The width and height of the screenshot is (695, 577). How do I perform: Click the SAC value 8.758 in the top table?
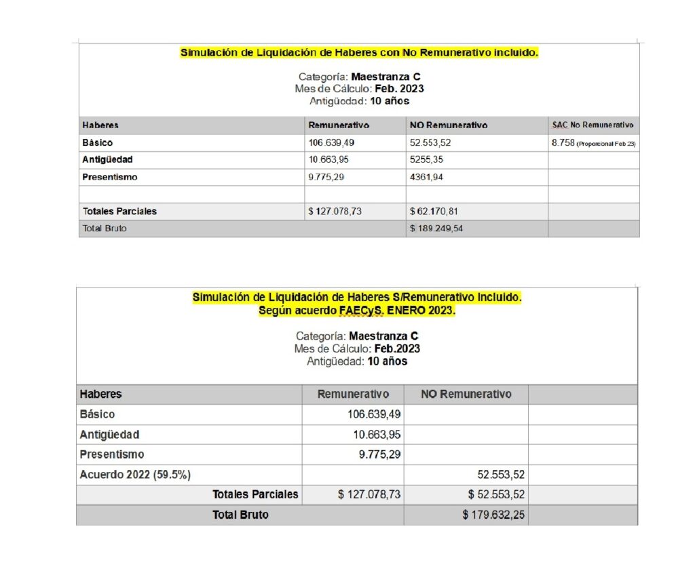563,143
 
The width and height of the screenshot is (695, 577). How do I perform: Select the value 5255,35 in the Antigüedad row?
428,160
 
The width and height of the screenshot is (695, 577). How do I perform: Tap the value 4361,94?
428,177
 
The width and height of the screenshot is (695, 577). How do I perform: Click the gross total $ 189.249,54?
436,228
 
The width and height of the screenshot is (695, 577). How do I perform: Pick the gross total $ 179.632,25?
493,515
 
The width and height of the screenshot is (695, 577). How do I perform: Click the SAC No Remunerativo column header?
593,125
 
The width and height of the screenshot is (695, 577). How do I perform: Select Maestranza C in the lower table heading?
383,336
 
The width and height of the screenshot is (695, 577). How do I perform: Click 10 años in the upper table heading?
390,101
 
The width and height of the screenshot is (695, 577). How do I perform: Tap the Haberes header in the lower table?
100,394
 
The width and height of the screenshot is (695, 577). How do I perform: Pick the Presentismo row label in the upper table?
110,177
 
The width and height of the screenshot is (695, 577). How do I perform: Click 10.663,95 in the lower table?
373,435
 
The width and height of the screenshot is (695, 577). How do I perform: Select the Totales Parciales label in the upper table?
119,212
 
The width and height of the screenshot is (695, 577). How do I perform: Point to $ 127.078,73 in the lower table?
369,495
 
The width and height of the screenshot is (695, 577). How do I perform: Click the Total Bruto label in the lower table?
240,515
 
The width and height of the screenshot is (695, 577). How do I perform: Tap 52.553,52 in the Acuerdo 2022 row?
496,475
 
